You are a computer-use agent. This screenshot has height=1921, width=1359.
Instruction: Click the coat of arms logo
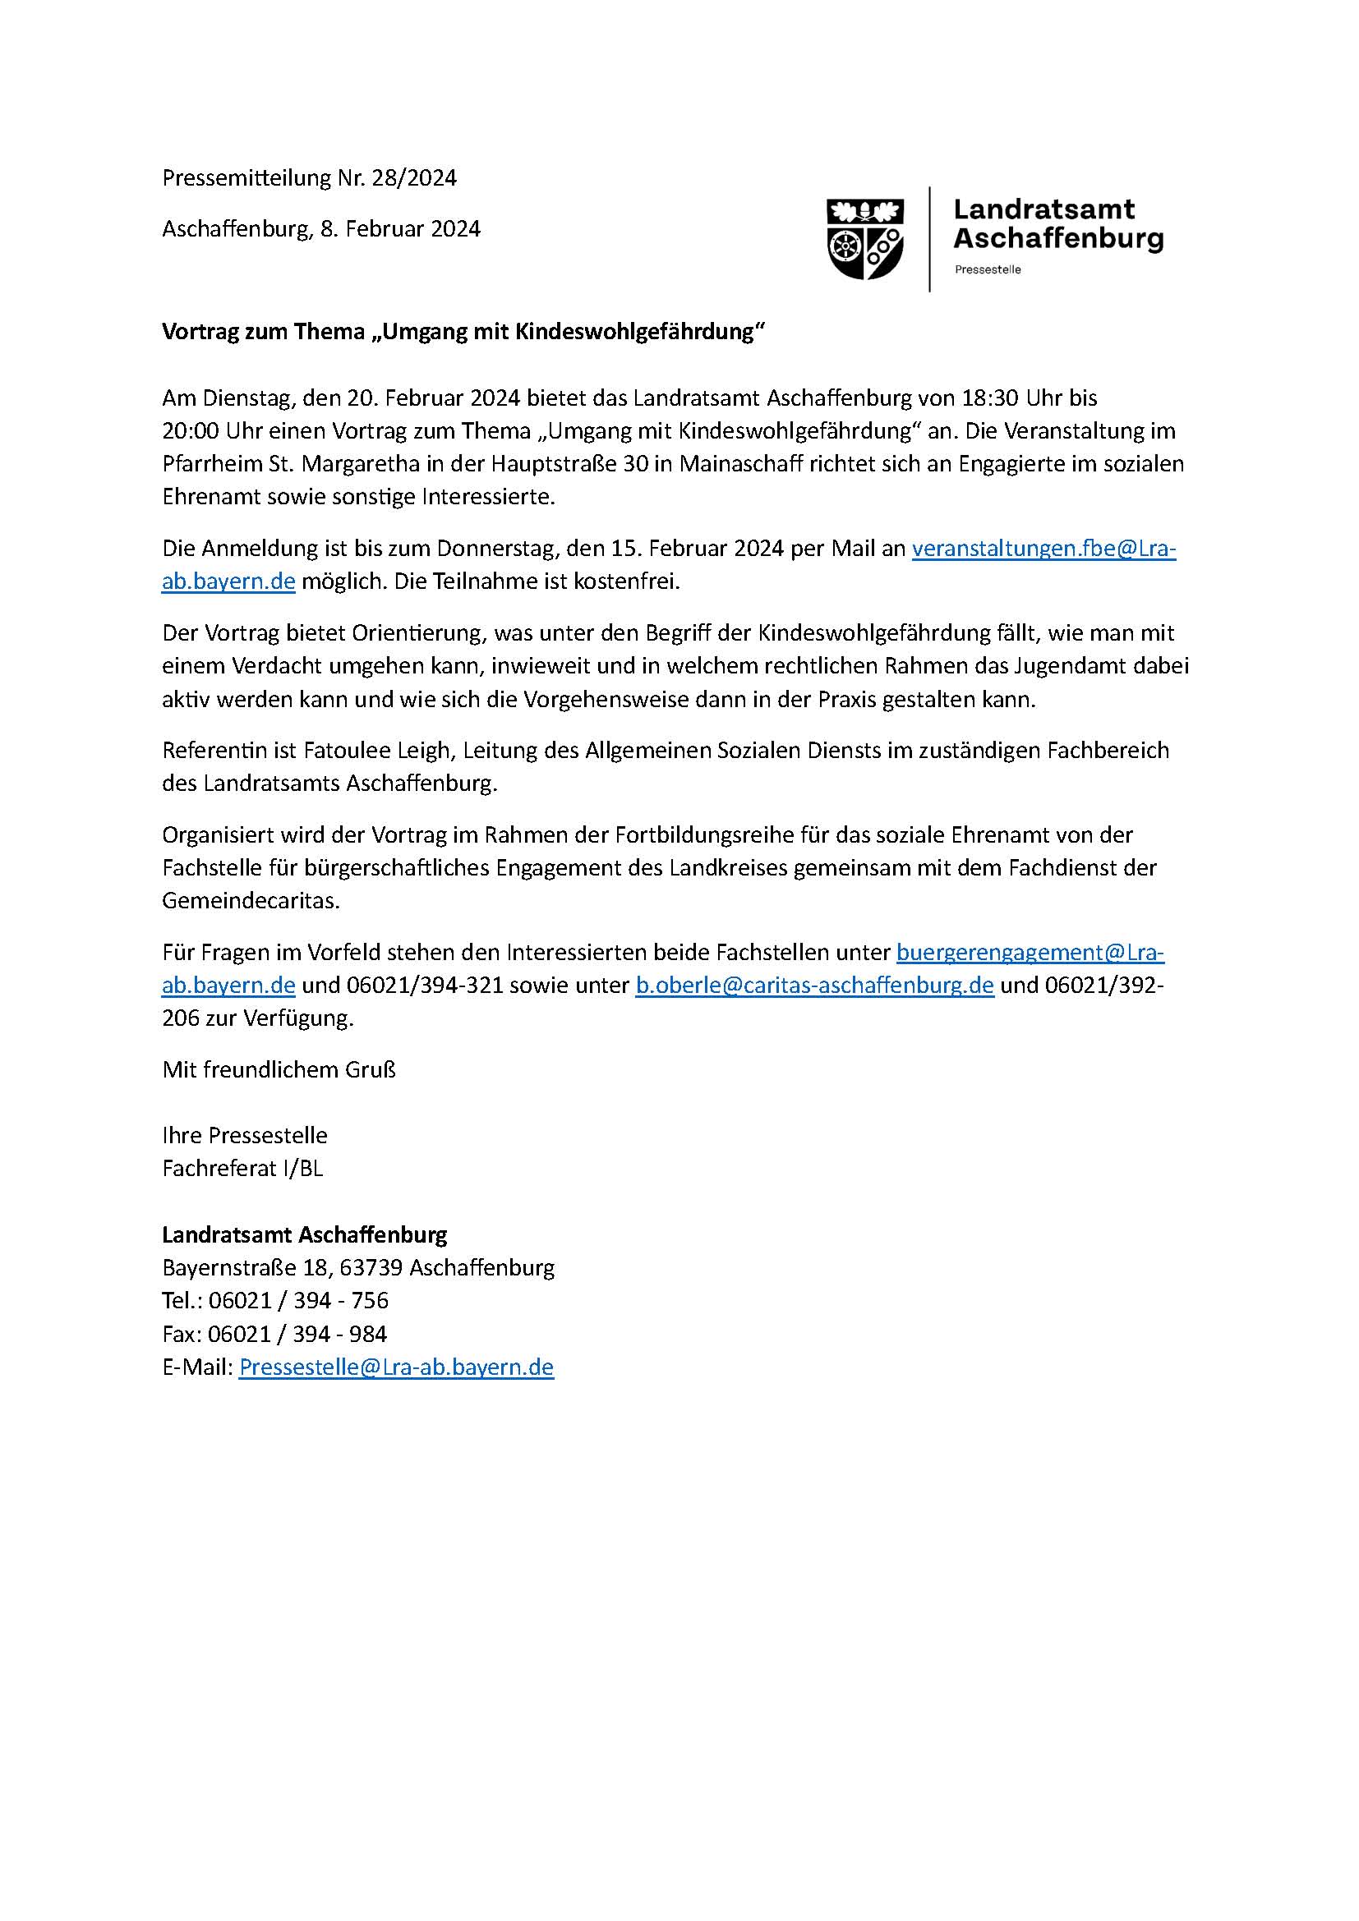(x=865, y=238)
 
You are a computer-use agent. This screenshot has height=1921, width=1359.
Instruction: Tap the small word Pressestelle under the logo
(x=988, y=269)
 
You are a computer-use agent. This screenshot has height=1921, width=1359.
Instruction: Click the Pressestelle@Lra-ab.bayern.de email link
(x=396, y=1367)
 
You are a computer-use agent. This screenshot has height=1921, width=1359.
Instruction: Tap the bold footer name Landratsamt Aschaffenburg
(x=305, y=1234)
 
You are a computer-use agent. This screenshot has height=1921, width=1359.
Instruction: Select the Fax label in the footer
(x=182, y=1334)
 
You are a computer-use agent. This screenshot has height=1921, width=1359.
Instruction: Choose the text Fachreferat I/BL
(x=242, y=1168)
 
